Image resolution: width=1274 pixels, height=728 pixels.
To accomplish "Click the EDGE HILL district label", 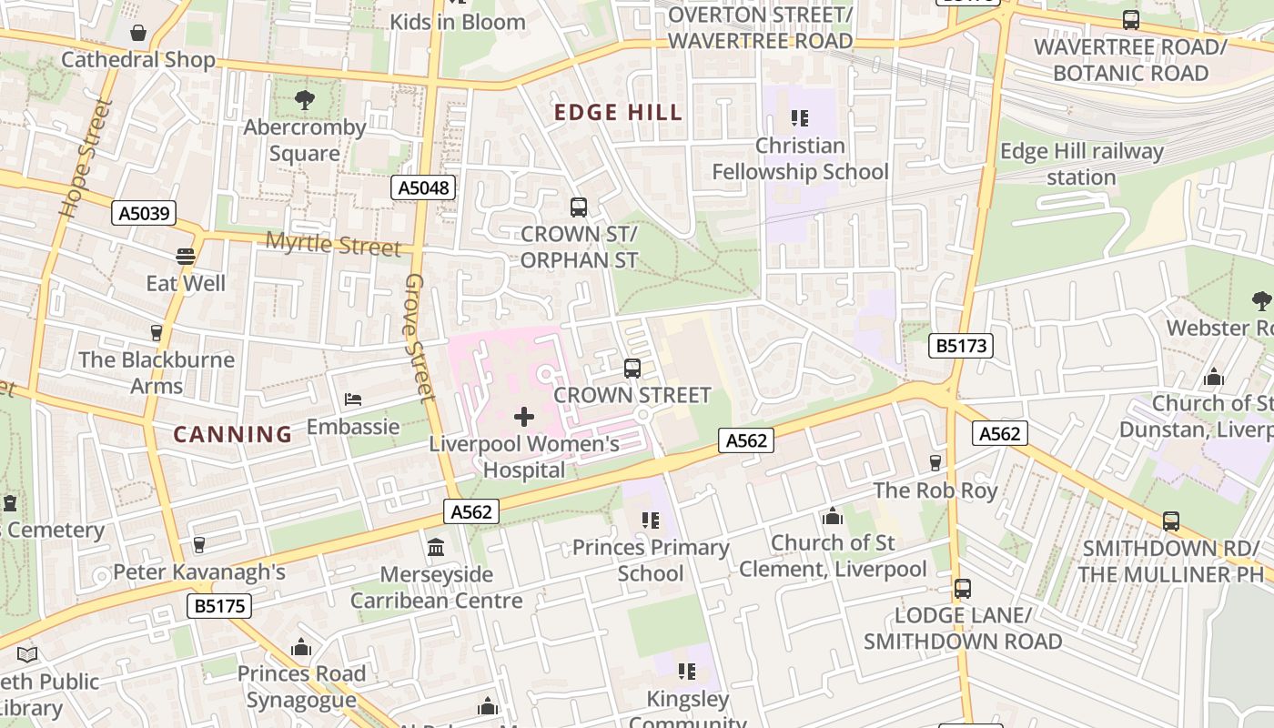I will point(618,113).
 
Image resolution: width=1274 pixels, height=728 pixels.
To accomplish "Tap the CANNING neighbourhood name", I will point(233,434).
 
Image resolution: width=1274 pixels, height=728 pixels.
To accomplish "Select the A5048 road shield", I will point(423,188).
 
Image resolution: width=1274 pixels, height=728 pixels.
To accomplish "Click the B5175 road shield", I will point(220,606).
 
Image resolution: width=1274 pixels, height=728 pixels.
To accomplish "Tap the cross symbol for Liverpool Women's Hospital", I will point(524,418).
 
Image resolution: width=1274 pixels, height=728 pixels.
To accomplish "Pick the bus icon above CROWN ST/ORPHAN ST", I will point(578,207).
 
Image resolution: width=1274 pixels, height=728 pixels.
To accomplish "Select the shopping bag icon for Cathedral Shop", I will point(138,34).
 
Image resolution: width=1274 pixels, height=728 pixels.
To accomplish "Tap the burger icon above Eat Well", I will point(186,257).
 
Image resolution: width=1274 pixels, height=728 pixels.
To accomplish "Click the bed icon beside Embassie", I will point(353,399).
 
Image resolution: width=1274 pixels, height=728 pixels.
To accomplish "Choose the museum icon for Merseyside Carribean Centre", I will point(436,548).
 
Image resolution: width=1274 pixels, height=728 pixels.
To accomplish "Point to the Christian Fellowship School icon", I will point(800,118).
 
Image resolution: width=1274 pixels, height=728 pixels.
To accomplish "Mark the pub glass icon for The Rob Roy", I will point(935,463).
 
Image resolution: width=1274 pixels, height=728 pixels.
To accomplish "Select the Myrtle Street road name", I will point(333,244).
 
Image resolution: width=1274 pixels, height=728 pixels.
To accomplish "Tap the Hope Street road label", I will point(86,159).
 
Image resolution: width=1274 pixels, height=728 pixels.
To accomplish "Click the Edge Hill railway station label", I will point(1081,165).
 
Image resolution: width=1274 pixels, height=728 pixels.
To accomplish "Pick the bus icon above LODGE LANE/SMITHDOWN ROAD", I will point(963,589).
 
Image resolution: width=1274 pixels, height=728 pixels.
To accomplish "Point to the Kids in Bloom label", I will point(458,22).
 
